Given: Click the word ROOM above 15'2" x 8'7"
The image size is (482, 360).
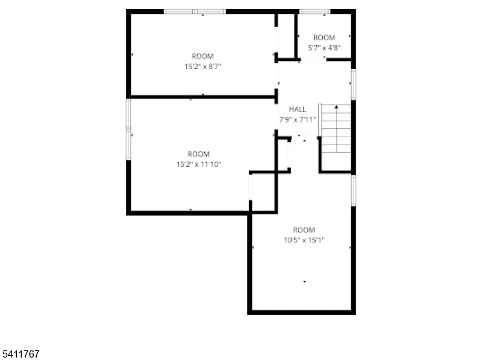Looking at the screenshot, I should tap(202, 57).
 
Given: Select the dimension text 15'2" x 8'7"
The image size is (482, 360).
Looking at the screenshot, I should tap(202, 67).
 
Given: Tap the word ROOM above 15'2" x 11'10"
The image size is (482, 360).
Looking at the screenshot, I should tap(198, 154).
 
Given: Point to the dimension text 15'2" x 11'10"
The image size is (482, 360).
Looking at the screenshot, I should tap(198, 164).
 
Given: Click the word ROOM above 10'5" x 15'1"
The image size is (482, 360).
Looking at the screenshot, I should tap(304, 230).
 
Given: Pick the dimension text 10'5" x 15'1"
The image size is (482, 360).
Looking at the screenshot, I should tap(304, 240).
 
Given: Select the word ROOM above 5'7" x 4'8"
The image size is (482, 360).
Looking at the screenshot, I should tap(324, 37).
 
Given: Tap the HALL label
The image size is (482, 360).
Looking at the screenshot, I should tap(298, 109).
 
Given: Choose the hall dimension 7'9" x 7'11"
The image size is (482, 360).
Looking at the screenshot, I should tap(298, 119).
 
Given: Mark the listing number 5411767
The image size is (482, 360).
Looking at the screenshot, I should tap(20, 355).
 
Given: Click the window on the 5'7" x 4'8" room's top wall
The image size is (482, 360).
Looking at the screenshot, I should tap(315, 11).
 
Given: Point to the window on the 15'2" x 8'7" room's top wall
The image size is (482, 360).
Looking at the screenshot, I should tap(195, 11).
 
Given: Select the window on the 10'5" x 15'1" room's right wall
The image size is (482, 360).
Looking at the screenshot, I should tap(354, 190).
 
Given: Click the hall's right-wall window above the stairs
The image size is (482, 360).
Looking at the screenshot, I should tap(354, 84).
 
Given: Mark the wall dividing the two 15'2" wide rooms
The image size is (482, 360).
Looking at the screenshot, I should tap(202, 96).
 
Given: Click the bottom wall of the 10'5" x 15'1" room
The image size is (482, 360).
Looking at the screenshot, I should tap(301, 312).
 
